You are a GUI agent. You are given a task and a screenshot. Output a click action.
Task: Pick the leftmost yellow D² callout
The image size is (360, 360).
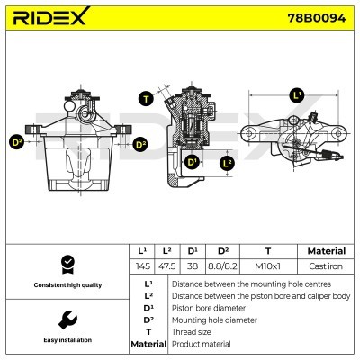[x=16, y=142]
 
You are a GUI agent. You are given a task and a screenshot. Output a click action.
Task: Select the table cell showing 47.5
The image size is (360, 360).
[x=166, y=266]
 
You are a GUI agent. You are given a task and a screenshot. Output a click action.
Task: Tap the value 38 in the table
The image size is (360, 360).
[x=192, y=266]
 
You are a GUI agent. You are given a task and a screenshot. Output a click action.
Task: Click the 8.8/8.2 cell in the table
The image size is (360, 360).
[x=222, y=266]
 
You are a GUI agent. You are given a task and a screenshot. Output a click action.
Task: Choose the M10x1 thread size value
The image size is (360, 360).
[x=267, y=266]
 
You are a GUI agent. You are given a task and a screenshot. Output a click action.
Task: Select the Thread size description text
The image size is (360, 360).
[x=193, y=331]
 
